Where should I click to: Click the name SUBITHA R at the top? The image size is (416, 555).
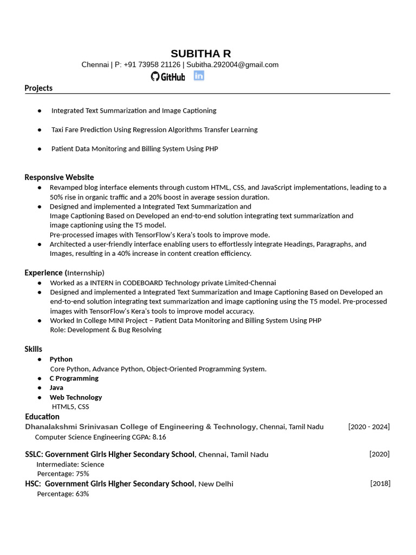pyautogui.click(x=200, y=53)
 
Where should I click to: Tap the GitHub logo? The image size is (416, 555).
pyautogui.click(x=168, y=76)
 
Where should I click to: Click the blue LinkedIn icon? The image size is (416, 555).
pyautogui.click(x=199, y=76)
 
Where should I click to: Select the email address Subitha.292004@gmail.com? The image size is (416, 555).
pyautogui.click(x=232, y=64)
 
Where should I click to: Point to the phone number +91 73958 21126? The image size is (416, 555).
pyautogui.click(x=152, y=64)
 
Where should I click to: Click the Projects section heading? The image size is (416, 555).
pyautogui.click(x=38, y=88)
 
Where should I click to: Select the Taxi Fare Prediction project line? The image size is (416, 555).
pyautogui.click(x=154, y=130)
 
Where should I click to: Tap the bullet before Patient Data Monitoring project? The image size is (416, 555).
pyautogui.click(x=40, y=149)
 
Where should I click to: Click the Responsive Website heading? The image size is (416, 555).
pyautogui.click(x=59, y=177)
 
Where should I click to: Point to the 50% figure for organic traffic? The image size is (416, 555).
pyautogui.click(x=57, y=197)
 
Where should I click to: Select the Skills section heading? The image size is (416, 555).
pyautogui.click(x=33, y=349)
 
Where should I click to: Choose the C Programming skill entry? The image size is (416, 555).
pyautogui.click(x=74, y=378)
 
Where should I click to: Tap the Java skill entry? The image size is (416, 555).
pyautogui.click(x=56, y=388)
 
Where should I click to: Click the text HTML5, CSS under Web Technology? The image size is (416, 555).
pyautogui.click(x=70, y=406)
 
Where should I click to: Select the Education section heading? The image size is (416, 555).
pyautogui.click(x=42, y=416)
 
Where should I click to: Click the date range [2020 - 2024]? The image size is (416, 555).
pyautogui.click(x=368, y=427)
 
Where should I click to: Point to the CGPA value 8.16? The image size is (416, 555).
pyautogui.click(x=159, y=437)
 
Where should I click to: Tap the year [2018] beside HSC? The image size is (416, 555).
pyautogui.click(x=380, y=483)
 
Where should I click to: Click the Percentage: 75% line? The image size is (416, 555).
pyautogui.click(x=63, y=474)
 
